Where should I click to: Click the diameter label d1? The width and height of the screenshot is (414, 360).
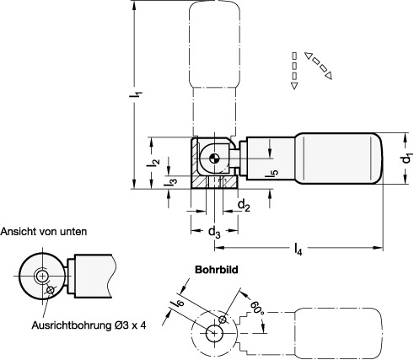406,157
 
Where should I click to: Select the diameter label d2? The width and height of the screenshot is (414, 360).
243,205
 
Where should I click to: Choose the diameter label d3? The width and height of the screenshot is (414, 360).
215,229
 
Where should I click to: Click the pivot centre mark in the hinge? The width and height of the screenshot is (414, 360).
216,156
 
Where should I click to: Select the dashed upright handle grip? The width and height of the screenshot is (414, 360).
214,46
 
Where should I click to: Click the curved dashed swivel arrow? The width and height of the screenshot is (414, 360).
320,66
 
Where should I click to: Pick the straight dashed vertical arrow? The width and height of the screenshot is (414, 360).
293,70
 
